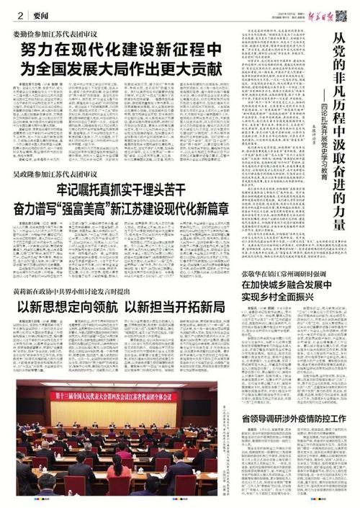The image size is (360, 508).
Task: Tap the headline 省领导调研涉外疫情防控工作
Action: click(293, 419)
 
